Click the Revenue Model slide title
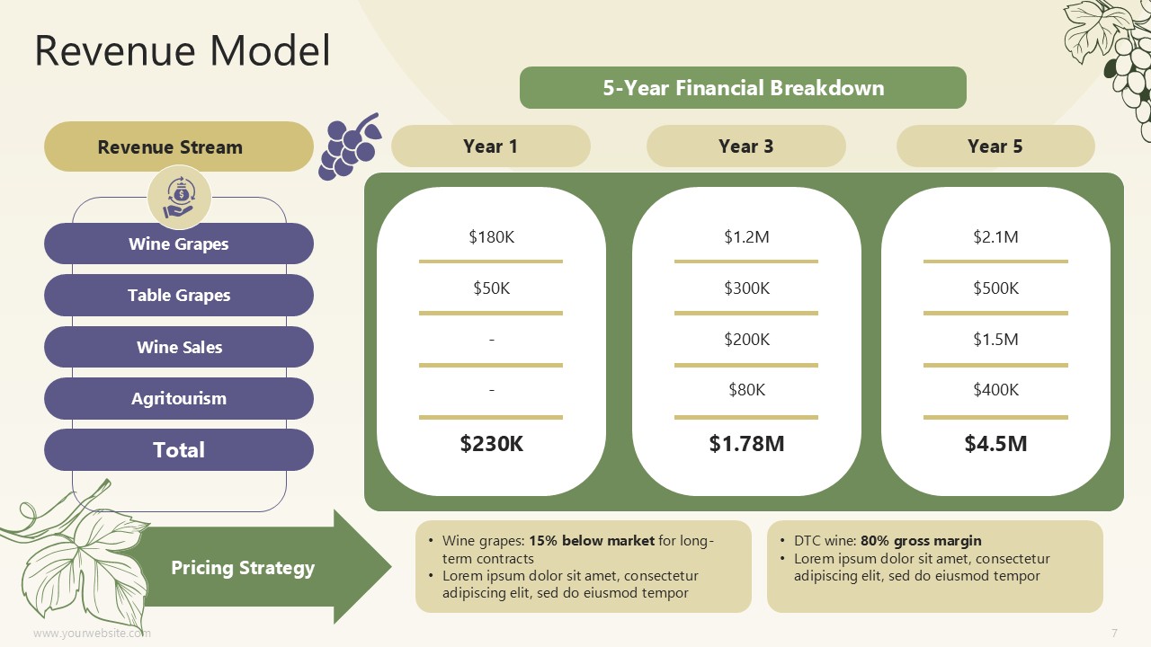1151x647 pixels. [x=183, y=50]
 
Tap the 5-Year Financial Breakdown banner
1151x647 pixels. [x=743, y=88]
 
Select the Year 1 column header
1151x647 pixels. [x=491, y=146]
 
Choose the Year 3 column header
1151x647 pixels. [x=746, y=146]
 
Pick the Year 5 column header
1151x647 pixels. [x=995, y=146]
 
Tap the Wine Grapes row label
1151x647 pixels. [x=179, y=244]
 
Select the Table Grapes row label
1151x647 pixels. [x=179, y=296]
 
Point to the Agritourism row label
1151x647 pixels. [x=179, y=398]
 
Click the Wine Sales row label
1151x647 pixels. [x=179, y=347]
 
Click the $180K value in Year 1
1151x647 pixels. [x=491, y=236]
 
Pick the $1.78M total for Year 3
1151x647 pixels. [x=746, y=443]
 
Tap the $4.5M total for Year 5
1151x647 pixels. [x=995, y=443]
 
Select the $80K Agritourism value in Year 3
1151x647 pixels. [x=746, y=390]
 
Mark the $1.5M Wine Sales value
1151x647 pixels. [x=995, y=339]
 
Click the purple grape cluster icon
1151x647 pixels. [x=350, y=146]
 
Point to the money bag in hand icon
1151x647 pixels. [x=179, y=196]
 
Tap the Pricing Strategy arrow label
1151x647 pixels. [x=243, y=567]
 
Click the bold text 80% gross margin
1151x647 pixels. [x=921, y=541]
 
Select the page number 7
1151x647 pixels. [x=1114, y=633]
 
